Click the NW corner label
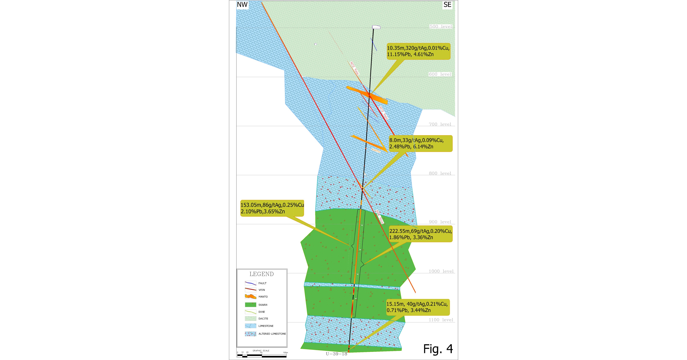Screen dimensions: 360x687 point(242,5)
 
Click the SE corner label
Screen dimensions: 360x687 point(447,5)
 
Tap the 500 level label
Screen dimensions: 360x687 point(441,26)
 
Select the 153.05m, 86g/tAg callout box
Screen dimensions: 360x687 point(272,208)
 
